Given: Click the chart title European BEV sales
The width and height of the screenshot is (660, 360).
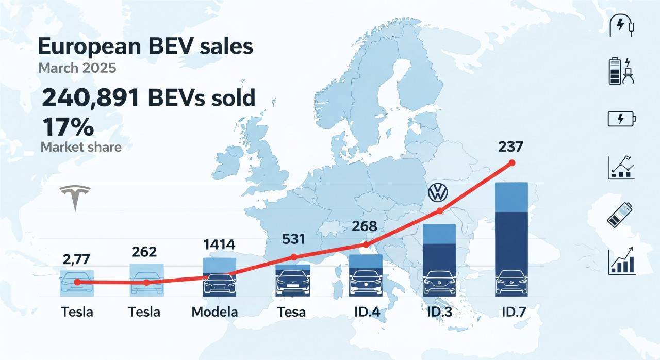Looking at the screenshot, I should pos(145,46).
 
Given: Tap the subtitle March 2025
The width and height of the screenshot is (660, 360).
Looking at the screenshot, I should pos(77,68).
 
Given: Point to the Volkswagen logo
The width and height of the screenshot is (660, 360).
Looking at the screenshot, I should pos(438,193).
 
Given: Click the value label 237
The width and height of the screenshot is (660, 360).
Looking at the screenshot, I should pos(511,147).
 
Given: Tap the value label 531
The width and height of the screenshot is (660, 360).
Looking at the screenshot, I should pos(294,239).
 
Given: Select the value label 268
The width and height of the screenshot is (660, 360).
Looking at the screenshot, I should pos(365,226).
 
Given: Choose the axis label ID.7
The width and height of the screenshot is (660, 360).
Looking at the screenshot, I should pos(513,312).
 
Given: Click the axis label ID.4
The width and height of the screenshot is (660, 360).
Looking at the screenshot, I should pos(366,312).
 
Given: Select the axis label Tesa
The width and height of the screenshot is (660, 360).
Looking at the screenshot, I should pos(291,312).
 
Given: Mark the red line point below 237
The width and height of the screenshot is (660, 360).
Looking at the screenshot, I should pos(511,163).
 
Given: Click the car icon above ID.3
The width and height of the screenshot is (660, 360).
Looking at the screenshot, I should pos(439,283).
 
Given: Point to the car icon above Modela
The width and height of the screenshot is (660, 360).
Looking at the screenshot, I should pos(220,284).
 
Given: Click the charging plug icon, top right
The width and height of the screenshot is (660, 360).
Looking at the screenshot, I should pos(621,24).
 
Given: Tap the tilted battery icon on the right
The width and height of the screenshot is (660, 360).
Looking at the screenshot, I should pos(620,214).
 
